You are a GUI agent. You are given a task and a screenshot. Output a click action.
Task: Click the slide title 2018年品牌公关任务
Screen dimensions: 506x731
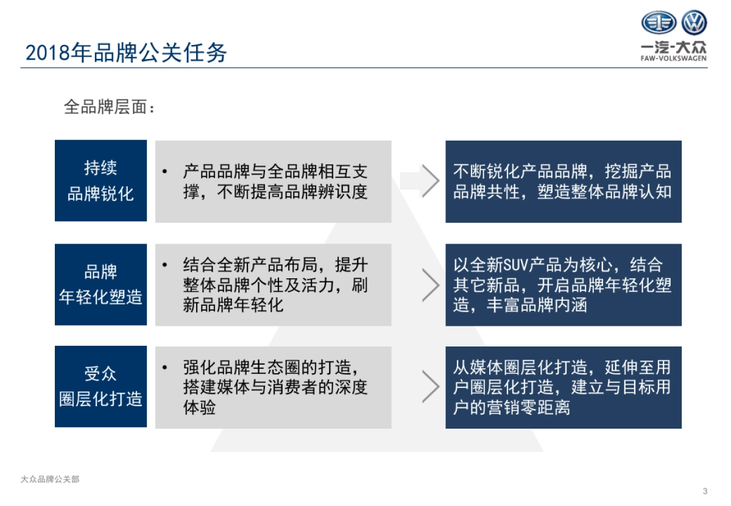126,53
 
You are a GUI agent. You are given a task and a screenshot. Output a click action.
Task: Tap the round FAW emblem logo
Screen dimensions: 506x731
659,23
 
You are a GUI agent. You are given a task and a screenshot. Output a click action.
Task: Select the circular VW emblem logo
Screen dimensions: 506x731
694,23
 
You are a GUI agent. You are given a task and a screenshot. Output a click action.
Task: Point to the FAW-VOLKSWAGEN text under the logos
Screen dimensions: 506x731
674,58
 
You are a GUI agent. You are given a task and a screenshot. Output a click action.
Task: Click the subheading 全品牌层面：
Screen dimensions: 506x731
110,107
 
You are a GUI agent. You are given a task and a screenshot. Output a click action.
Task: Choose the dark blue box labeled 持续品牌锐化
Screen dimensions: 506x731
101,181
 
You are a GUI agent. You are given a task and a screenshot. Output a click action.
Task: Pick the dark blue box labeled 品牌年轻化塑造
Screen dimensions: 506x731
101,284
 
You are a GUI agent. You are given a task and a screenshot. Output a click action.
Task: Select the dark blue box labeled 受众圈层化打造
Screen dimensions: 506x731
101,386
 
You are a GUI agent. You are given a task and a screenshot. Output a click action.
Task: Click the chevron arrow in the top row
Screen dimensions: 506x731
431,181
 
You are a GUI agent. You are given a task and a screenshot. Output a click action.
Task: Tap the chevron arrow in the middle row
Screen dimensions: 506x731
431,284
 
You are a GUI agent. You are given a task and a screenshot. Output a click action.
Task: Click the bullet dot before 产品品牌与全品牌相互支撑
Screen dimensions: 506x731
165,172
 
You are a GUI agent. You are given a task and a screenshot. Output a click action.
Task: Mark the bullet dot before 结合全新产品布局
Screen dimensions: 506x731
165,265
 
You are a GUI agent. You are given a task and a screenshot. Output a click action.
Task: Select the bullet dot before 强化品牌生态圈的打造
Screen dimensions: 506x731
165,368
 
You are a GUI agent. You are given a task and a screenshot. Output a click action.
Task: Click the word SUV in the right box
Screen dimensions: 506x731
517,265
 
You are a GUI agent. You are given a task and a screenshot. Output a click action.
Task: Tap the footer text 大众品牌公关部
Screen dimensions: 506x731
50,479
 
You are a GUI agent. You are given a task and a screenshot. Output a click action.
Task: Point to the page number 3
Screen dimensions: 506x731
705,491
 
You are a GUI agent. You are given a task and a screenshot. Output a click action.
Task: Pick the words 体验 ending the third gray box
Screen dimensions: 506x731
199,407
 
